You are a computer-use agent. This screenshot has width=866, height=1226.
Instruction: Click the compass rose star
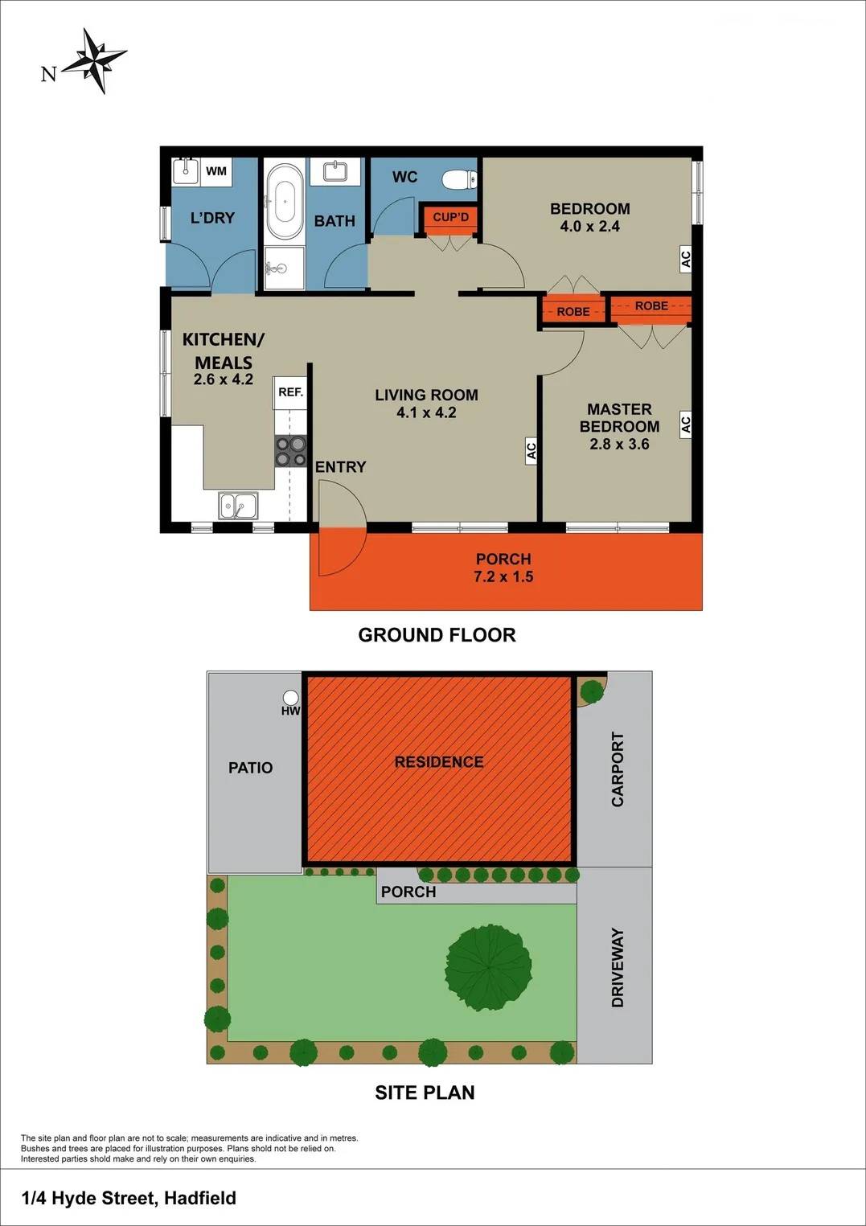pyautogui.click(x=95, y=61)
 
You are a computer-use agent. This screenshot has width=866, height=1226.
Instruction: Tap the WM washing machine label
pyautogui.click(x=216, y=171)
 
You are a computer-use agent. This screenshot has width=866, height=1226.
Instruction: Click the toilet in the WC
pyautogui.click(x=462, y=178)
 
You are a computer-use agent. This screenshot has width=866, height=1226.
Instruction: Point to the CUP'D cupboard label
pyautogui.click(x=450, y=217)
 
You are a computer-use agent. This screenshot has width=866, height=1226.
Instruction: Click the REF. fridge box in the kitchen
pyautogui.click(x=290, y=392)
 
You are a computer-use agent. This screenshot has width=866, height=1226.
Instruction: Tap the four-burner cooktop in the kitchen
pyautogui.click(x=291, y=451)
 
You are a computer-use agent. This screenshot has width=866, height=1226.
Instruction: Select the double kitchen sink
pyautogui.click(x=238, y=506)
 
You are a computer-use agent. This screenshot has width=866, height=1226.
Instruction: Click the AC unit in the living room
pyautogui.click(x=531, y=451)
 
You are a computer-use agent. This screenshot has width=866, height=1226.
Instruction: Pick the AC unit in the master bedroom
pyautogui.click(x=686, y=424)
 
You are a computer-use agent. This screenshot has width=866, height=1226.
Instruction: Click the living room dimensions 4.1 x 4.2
pyautogui.click(x=426, y=413)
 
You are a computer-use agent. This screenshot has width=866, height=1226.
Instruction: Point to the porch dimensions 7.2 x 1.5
pyautogui.click(x=503, y=576)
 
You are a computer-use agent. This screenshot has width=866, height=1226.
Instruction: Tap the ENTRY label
pyautogui.click(x=340, y=467)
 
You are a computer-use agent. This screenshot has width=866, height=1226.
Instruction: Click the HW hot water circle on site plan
pyautogui.click(x=291, y=698)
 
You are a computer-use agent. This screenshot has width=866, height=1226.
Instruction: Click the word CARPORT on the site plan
pyautogui.click(x=618, y=769)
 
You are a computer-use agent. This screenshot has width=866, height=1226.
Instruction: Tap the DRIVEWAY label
pyautogui.click(x=618, y=967)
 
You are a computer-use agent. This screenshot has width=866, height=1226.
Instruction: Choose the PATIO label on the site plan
pyautogui.click(x=251, y=768)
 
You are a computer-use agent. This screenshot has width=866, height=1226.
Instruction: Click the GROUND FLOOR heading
pyautogui.click(x=437, y=635)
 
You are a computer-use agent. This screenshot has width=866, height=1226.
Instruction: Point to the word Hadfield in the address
pyautogui.click(x=200, y=1198)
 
